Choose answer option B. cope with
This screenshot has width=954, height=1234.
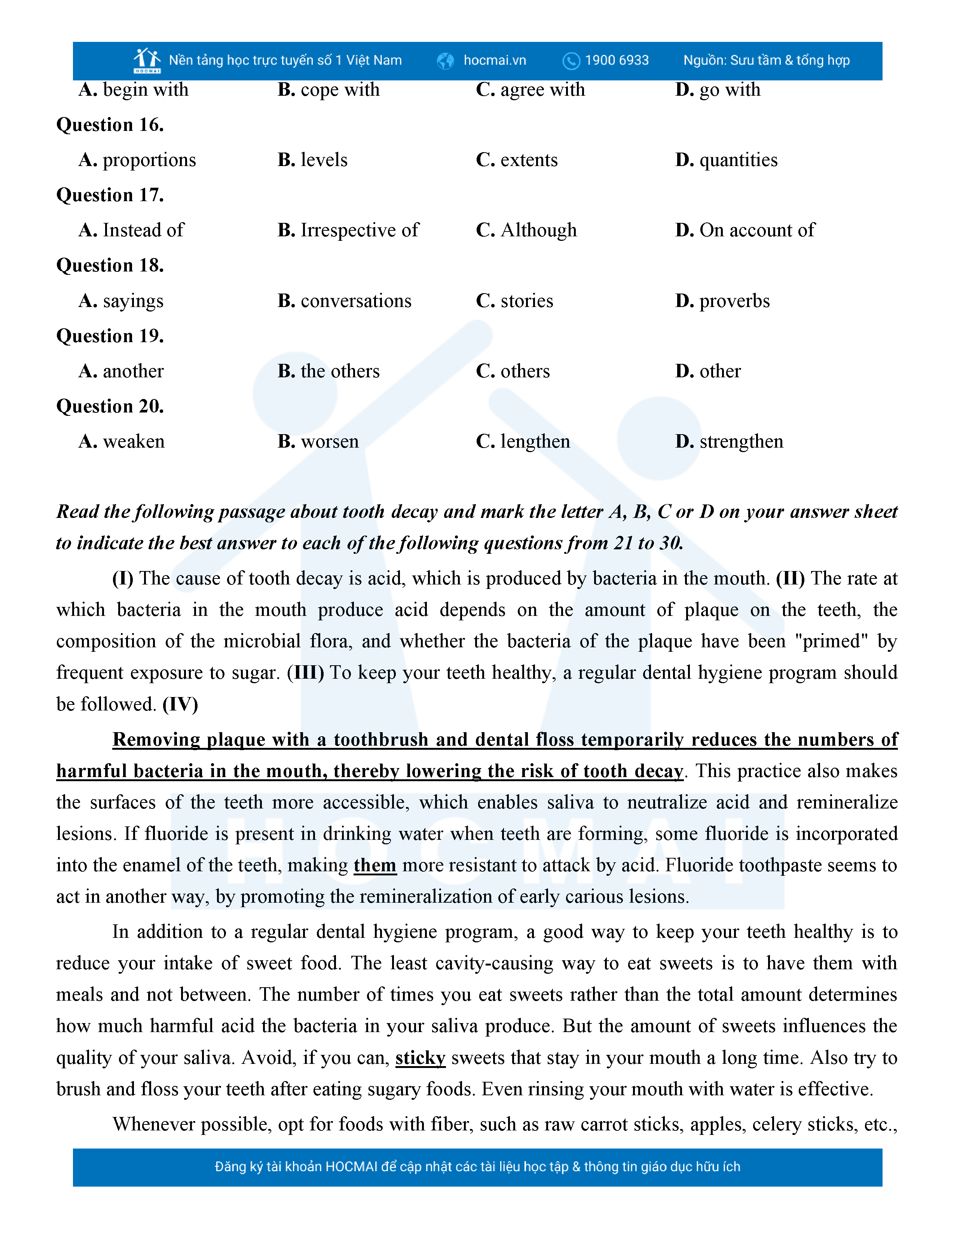(328, 90)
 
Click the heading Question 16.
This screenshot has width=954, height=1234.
(110, 125)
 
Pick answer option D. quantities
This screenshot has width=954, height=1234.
(726, 160)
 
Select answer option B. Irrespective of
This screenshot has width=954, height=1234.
(348, 230)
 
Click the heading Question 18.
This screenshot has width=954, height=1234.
(110, 265)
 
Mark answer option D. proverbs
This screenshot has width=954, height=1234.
(722, 301)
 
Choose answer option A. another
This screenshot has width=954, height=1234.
(121, 371)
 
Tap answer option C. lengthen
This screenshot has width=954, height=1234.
(523, 441)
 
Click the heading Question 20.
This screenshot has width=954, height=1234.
(110, 406)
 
